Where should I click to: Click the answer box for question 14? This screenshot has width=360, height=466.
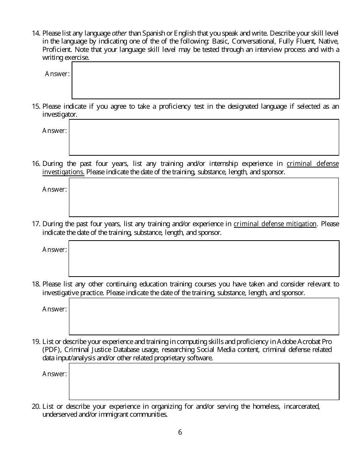point(205,80)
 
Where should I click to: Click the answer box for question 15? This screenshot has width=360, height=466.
point(204,137)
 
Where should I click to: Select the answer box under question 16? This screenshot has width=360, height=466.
point(204,197)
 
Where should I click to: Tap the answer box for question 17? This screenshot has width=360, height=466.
point(204,258)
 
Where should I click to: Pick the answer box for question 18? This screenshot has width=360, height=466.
point(204,316)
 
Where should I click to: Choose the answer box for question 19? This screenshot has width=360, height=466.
point(204,381)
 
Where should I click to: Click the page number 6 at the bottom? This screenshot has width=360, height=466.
point(180,432)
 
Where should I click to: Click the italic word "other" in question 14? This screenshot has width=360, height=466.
point(119,33)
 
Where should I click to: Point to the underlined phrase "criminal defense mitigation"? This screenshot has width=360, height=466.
point(275,224)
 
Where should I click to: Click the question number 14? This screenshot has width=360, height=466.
point(36,33)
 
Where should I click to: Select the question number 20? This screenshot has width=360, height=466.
point(36,407)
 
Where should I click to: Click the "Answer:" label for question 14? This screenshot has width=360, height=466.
point(57,74)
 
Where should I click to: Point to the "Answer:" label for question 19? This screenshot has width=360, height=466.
point(55,374)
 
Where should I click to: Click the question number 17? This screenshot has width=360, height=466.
point(36,224)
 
